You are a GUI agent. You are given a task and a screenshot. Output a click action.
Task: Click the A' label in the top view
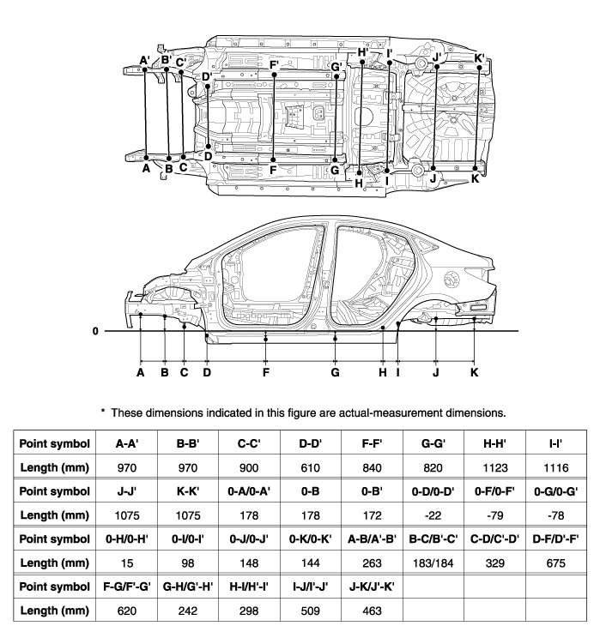pos(144,61)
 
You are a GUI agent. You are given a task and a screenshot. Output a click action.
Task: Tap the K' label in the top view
pos(480,58)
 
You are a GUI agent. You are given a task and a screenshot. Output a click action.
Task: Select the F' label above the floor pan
pos(275,66)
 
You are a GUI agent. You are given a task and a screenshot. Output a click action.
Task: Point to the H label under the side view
pos(383,372)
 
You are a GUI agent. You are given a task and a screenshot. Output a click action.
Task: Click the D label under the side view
pos(207,372)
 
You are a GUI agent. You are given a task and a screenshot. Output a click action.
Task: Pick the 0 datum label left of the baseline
pos(95,331)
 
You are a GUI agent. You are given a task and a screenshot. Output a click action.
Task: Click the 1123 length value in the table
pos(494,468)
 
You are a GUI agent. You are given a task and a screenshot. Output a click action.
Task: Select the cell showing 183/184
pos(433,563)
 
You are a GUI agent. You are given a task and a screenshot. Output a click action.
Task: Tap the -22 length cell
pos(433,515)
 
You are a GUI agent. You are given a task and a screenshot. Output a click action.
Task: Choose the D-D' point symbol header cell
pos(311,443)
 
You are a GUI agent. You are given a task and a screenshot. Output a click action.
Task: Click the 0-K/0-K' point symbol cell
pos(311,539)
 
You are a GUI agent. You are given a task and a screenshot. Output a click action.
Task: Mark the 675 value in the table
pos(555,563)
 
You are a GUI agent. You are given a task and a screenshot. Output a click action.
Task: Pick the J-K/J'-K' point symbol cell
pos(372,587)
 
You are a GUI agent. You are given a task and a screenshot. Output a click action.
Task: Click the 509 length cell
pos(311,611)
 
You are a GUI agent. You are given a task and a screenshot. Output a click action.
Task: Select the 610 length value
pos(311,468)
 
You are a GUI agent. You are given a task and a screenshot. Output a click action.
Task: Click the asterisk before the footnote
pos(103,411)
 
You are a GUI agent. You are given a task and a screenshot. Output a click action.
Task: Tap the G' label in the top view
pos(336,67)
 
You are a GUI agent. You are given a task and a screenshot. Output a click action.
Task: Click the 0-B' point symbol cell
pos(372,491)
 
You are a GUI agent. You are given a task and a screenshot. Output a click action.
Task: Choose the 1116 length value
pos(555,468)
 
